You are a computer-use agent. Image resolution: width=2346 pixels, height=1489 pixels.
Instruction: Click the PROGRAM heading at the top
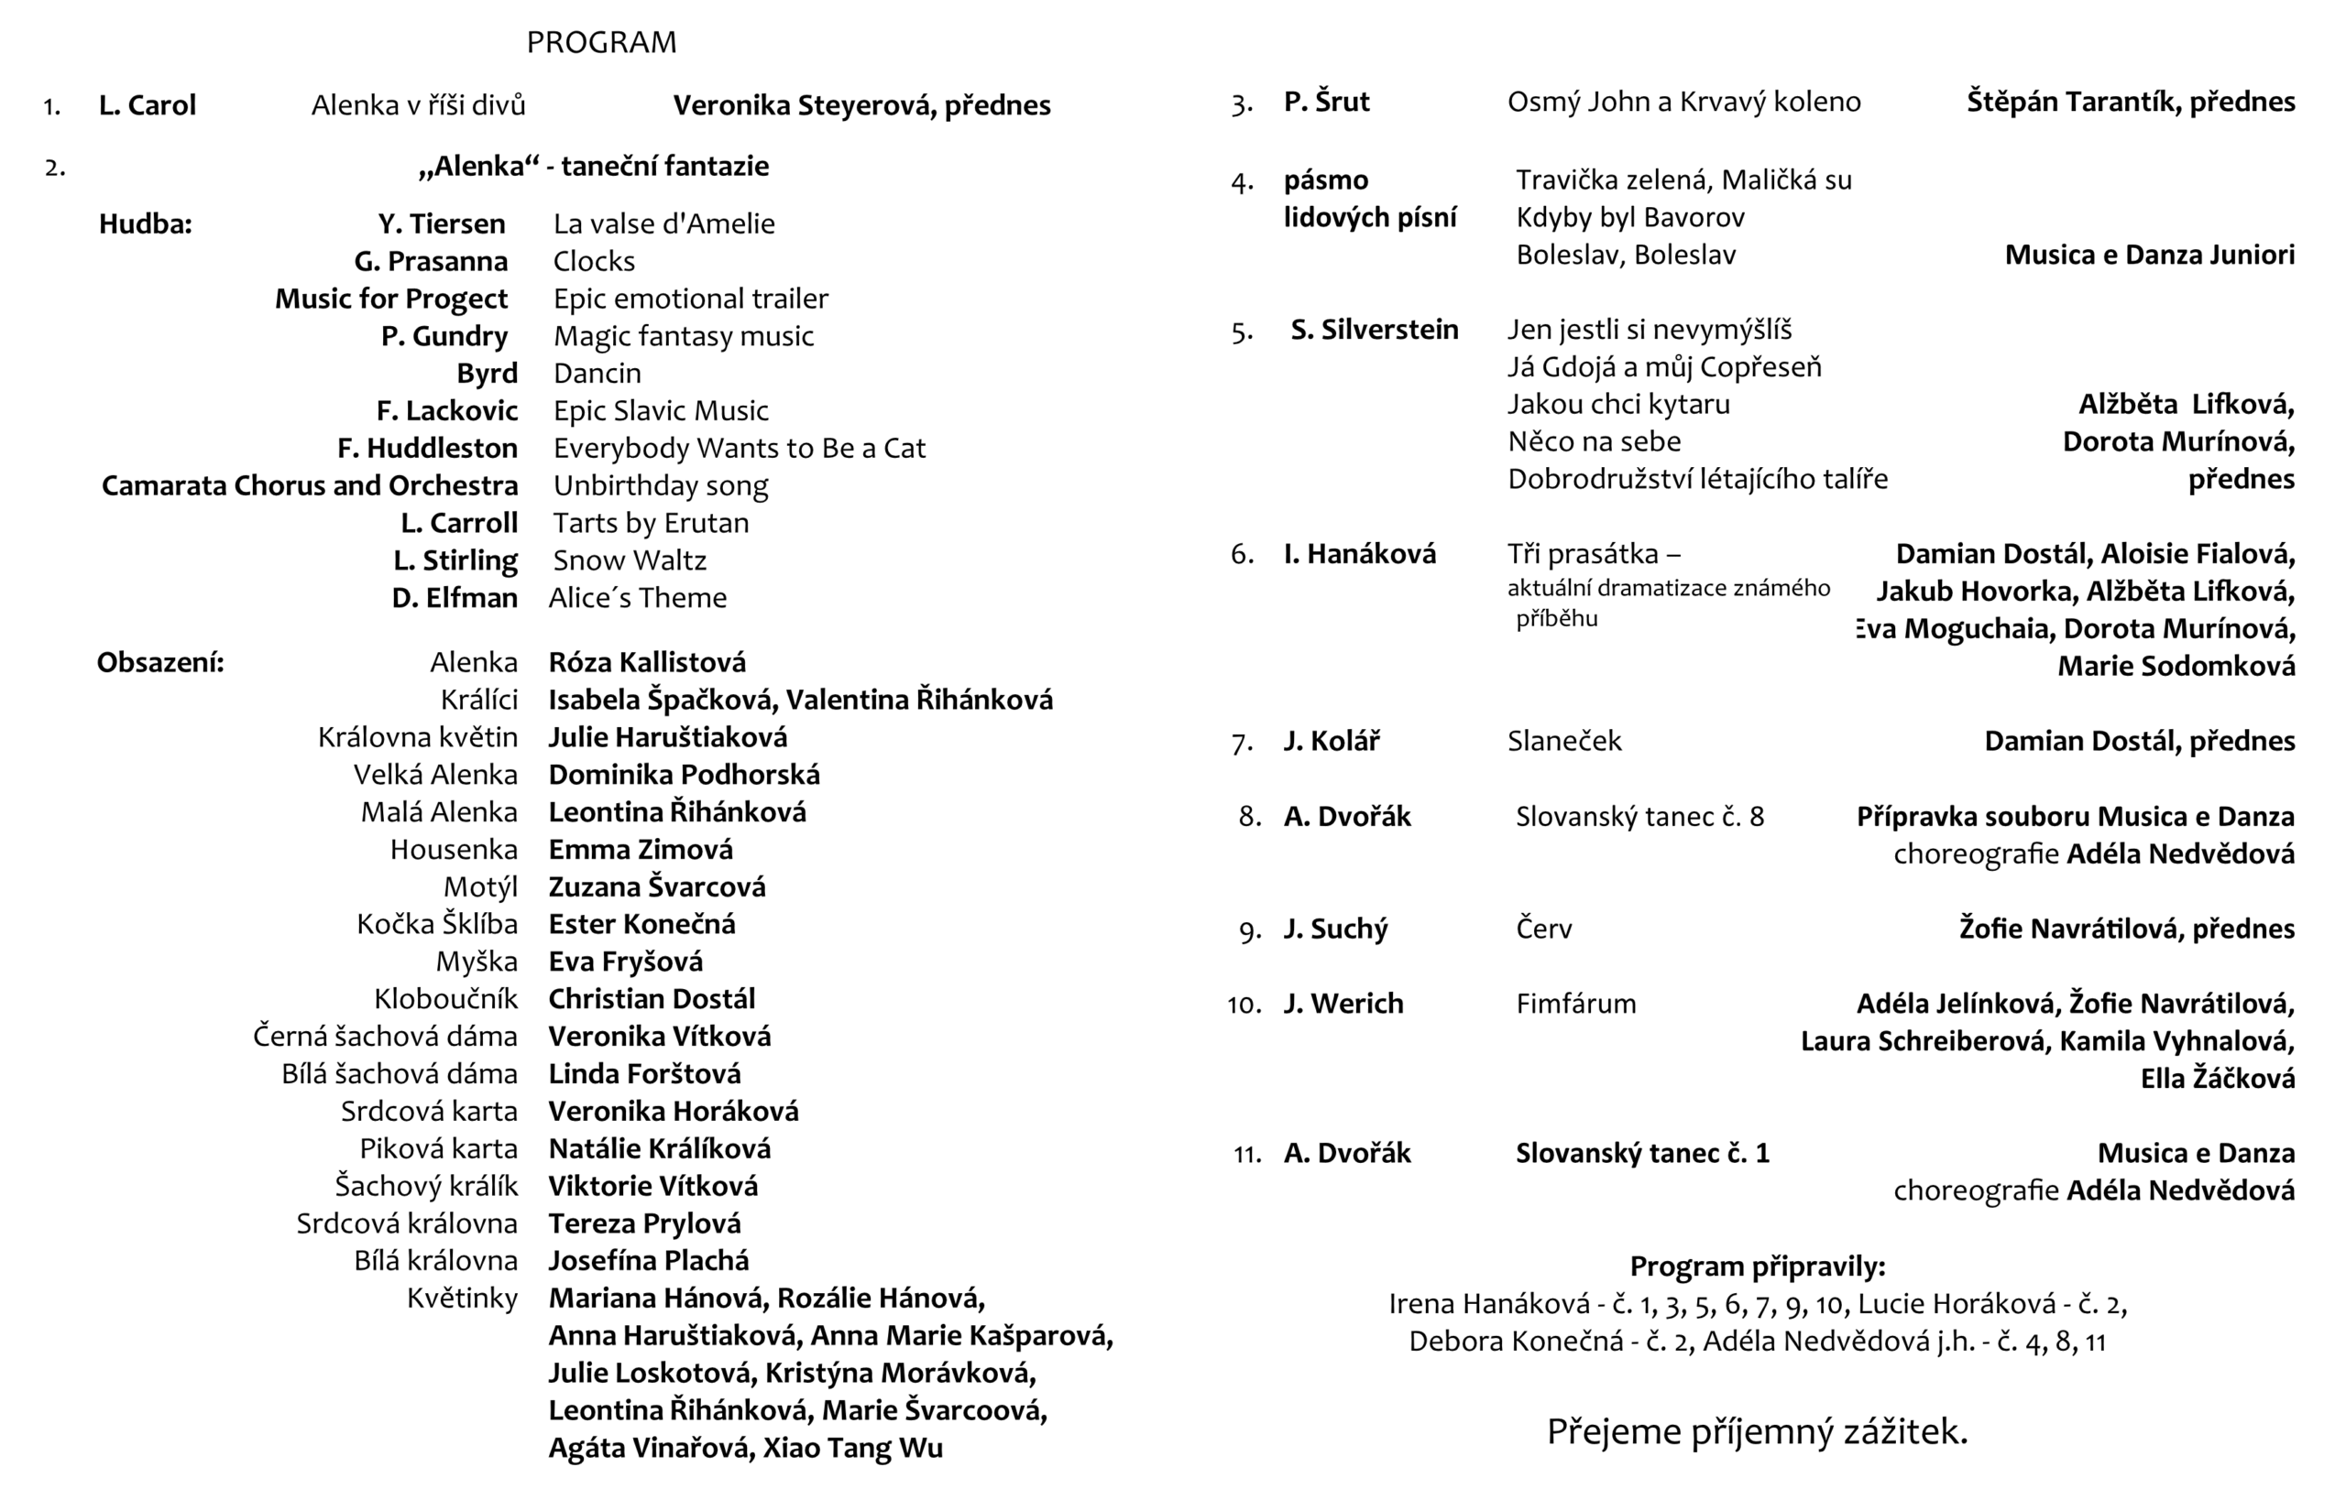point(601,43)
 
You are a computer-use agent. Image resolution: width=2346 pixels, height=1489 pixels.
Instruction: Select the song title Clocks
point(593,261)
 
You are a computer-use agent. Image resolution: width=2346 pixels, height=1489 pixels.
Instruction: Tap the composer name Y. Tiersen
point(442,224)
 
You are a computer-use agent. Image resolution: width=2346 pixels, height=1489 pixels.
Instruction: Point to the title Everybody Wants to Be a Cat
point(739,448)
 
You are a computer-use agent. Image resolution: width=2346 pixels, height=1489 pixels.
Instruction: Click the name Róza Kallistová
point(647,662)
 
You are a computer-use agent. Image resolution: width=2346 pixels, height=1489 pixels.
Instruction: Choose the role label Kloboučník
point(445,999)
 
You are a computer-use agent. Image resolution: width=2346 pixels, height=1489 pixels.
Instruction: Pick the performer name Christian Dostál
point(652,999)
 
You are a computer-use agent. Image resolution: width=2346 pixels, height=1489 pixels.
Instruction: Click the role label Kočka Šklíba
point(436,924)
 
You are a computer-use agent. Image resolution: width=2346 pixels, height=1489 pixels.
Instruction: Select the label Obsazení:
point(159,662)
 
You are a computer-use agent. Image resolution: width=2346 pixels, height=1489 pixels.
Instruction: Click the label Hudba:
point(145,224)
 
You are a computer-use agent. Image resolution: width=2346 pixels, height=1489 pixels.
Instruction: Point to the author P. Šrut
point(1326,102)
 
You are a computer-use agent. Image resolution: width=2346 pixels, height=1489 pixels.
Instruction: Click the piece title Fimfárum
point(1575,1004)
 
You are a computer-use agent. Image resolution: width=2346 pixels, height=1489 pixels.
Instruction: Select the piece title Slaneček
point(1563,741)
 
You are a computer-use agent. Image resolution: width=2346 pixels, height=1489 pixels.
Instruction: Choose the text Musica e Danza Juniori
point(2149,255)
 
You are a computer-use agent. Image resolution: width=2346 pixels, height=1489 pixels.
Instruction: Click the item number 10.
point(1244,1005)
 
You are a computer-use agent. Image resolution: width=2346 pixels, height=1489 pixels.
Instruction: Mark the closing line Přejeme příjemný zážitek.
point(1757,1431)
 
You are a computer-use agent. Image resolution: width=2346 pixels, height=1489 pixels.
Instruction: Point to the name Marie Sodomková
point(2176,667)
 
